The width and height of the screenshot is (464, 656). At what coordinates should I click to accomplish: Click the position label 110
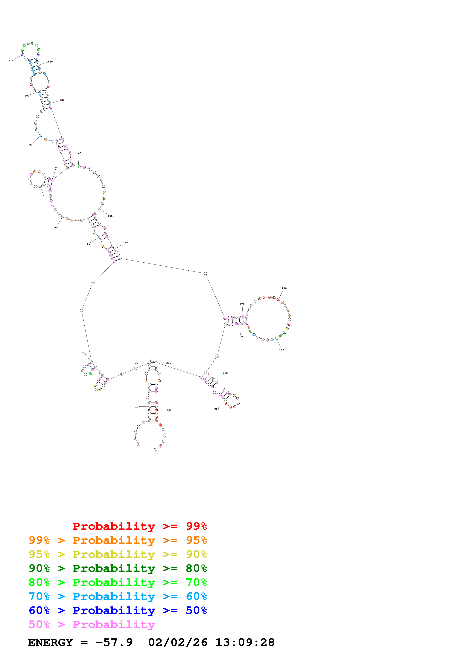point(11,61)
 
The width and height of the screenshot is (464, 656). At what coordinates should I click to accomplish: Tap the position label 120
point(50,62)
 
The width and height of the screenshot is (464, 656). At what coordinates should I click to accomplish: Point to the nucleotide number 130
point(62,100)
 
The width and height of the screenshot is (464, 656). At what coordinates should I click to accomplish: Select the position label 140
point(79,153)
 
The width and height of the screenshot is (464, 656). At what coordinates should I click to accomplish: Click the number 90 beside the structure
point(31,145)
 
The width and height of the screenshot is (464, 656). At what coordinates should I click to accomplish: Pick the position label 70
point(44,199)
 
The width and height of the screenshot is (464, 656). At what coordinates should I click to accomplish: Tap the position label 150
point(110,216)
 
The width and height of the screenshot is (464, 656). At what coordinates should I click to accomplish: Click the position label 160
point(125,243)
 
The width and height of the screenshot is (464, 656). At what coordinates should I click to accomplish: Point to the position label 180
point(284,288)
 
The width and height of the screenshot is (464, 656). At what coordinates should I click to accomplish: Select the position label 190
point(282,350)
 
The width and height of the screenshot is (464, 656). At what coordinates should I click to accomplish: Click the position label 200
point(240,337)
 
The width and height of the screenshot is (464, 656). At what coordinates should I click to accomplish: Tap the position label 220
point(217,409)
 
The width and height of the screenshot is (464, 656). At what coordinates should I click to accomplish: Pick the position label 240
point(169,410)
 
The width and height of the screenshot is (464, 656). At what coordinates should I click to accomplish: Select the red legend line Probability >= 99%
point(139,526)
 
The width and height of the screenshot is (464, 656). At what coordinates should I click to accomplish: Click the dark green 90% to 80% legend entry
point(118,568)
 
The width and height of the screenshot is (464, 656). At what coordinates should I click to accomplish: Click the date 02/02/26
point(178,643)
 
